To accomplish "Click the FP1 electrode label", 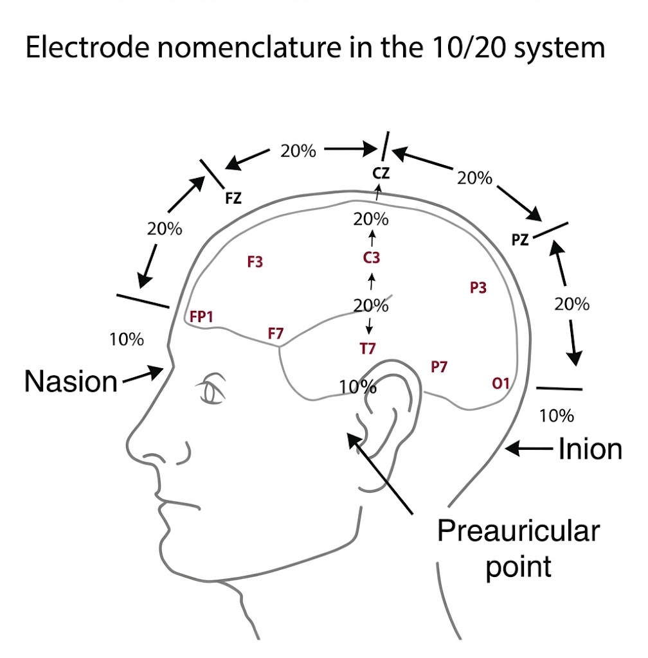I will (201, 317).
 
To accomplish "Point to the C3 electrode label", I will (372, 258).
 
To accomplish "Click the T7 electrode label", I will (368, 349).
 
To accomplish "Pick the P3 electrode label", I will (478, 288).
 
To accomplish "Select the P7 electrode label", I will (439, 367).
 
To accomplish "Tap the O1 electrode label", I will (501, 384).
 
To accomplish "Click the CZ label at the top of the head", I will (381, 173).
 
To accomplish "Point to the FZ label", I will (233, 199).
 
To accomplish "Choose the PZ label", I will (520, 240).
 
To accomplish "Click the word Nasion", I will (71, 382).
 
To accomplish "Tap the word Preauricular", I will (518, 532).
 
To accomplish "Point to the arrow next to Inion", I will (531, 450).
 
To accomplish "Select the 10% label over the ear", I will (357, 387).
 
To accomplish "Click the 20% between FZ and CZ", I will (298, 151).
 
